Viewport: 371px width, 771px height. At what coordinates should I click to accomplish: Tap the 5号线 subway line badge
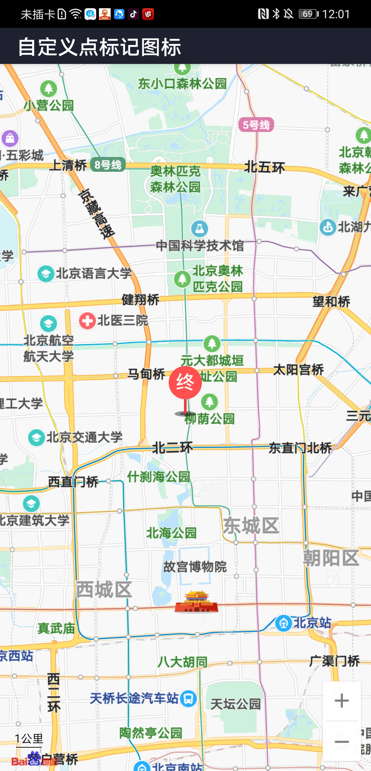click(256, 125)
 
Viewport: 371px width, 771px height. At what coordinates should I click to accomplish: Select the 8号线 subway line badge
click(108, 165)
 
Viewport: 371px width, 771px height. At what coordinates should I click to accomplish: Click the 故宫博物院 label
click(195, 567)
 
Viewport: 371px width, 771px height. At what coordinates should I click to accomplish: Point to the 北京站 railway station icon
click(283, 623)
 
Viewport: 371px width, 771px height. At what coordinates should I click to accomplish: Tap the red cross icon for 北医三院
click(87, 321)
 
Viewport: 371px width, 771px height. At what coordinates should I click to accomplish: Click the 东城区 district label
click(251, 526)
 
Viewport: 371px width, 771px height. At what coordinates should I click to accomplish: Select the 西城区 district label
click(104, 590)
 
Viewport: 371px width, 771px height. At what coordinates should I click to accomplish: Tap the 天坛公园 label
click(236, 704)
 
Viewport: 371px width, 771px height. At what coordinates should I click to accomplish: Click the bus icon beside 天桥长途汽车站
click(188, 699)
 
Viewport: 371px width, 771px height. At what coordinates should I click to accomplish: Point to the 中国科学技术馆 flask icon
click(200, 228)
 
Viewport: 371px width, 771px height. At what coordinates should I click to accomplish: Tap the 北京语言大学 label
click(94, 273)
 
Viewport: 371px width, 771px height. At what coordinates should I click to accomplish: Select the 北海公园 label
click(171, 533)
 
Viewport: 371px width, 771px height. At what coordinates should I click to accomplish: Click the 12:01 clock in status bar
click(336, 14)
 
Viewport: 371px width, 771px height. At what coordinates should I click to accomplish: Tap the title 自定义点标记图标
click(100, 47)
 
